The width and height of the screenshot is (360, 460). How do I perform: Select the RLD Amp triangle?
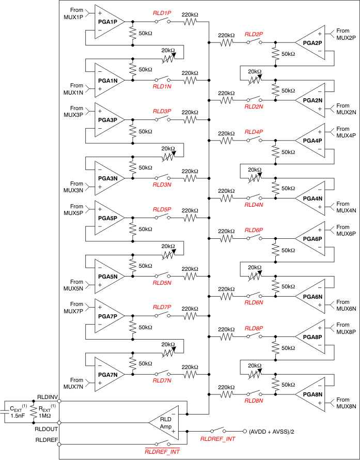click(164, 423)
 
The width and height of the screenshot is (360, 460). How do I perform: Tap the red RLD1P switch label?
click(162, 12)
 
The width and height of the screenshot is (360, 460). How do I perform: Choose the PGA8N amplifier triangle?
click(312, 394)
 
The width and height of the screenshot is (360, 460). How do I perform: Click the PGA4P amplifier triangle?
click(312, 141)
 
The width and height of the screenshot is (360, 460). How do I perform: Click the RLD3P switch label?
click(162, 111)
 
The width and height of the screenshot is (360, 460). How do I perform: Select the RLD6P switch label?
click(254, 230)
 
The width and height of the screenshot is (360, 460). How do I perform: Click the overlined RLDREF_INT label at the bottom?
click(162, 451)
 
